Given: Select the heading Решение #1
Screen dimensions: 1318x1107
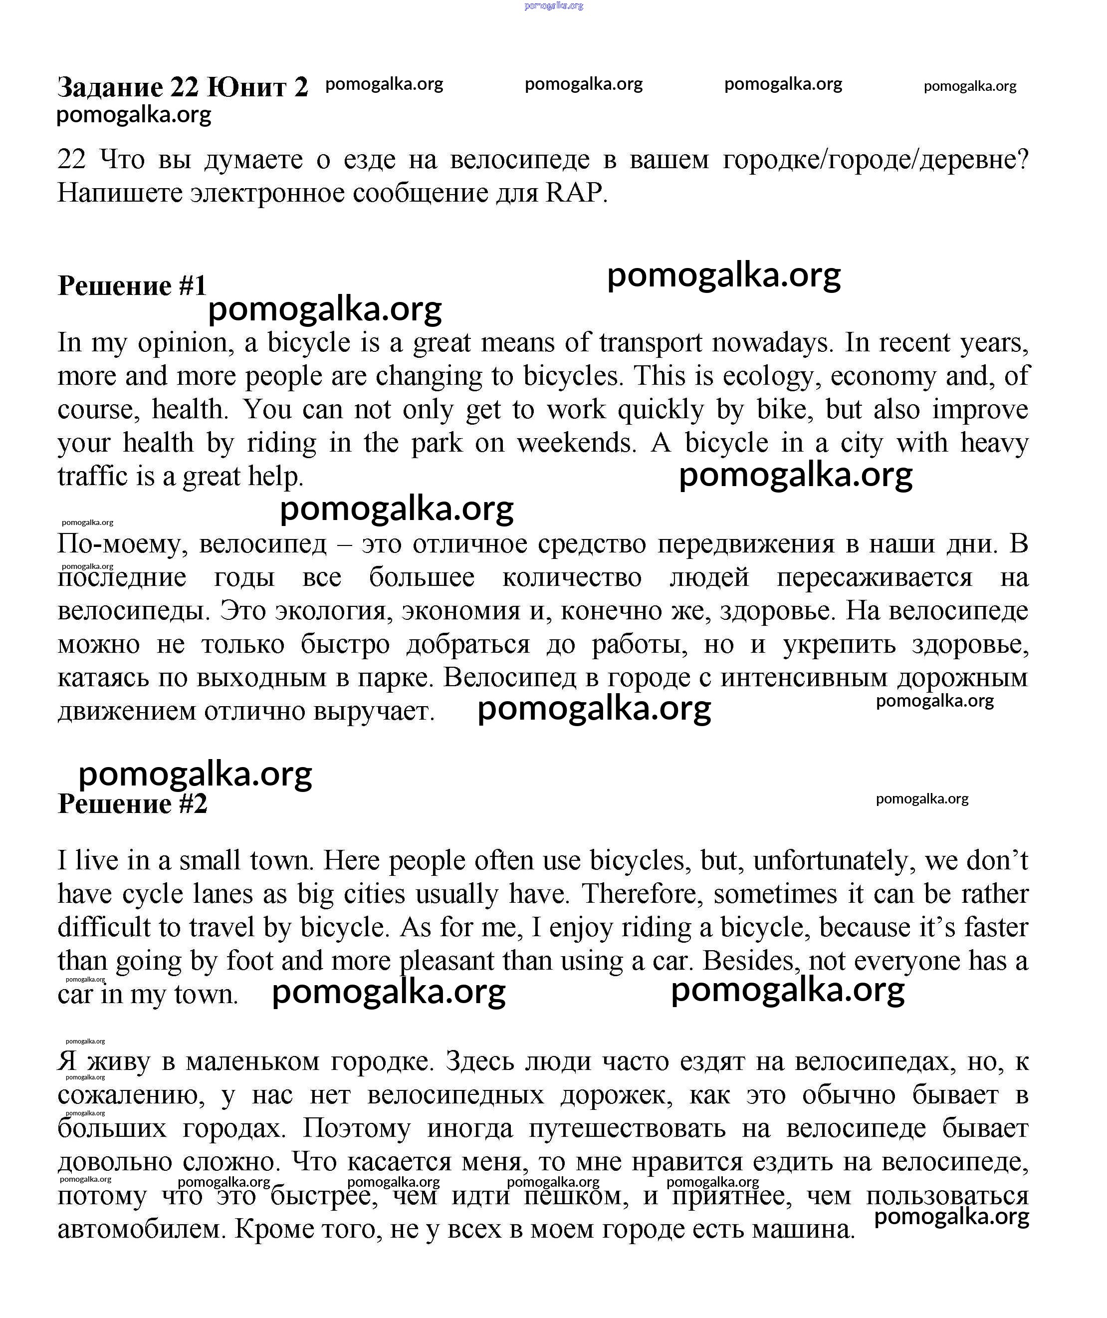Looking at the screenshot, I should pyautogui.click(x=132, y=285).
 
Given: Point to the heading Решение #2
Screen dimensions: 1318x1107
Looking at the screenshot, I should pyautogui.click(x=132, y=803).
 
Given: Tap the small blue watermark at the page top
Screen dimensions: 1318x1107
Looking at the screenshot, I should pyautogui.click(x=554, y=5).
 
